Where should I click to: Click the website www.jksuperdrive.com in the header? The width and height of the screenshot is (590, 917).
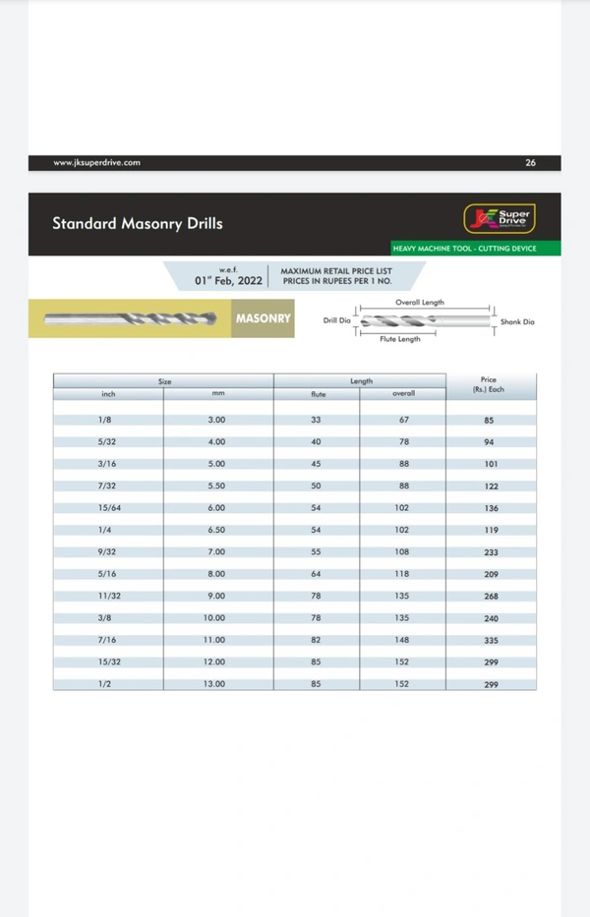[96, 162]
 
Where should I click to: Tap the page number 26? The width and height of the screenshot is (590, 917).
[531, 162]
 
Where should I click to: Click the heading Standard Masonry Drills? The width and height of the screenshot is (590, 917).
[138, 223]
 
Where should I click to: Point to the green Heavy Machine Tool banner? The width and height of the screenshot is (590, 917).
[464, 248]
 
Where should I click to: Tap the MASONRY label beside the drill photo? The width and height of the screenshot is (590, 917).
[263, 318]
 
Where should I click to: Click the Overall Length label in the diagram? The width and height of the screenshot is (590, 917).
[420, 303]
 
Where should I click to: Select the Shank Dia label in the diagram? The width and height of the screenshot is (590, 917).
[517, 321]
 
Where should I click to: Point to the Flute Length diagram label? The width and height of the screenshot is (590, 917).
[400, 339]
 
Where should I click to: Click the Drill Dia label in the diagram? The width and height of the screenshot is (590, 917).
[337, 320]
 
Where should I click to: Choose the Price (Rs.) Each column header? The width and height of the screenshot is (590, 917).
[489, 384]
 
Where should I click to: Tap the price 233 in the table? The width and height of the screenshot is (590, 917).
[491, 552]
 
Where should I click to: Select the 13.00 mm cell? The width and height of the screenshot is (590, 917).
[214, 683]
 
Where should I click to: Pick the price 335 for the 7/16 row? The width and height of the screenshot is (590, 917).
[491, 641]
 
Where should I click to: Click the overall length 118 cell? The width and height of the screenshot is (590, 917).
[403, 574]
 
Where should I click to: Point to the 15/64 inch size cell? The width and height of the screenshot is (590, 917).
[108, 507]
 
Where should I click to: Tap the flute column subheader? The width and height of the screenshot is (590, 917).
[318, 394]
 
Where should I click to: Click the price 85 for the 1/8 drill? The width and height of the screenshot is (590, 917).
[489, 421]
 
